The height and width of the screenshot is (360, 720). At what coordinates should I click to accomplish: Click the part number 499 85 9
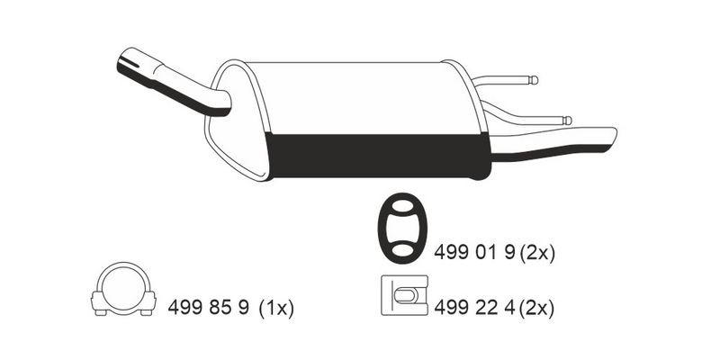click(x=208, y=308)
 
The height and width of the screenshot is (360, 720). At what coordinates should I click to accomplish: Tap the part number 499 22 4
click(x=471, y=308)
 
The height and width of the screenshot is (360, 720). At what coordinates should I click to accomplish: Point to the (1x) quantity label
click(x=276, y=308)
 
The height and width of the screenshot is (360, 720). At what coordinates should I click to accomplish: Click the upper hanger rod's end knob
click(x=534, y=79)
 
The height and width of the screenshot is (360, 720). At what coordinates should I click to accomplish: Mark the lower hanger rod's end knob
click(x=567, y=120)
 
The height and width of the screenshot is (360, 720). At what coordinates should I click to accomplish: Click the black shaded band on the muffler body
click(x=378, y=155)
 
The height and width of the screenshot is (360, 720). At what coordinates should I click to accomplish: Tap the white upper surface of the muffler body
click(x=360, y=99)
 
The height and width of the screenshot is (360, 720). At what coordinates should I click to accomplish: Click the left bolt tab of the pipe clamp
click(x=99, y=300)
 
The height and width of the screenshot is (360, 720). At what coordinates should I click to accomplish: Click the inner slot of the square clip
click(x=407, y=294)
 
